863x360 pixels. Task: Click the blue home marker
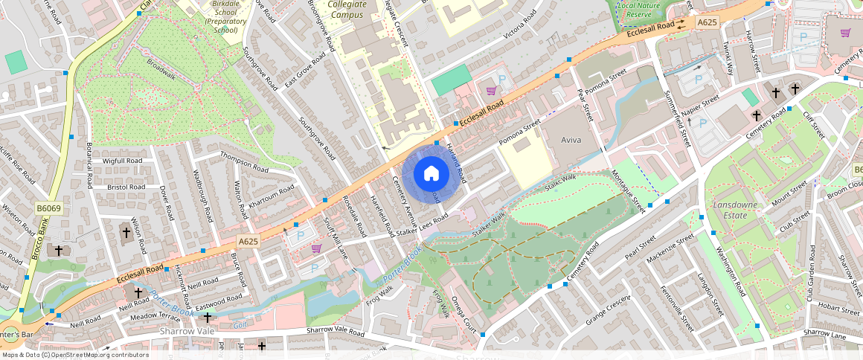point(431,174)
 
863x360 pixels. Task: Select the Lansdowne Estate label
point(734,209)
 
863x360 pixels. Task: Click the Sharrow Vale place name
point(187,330)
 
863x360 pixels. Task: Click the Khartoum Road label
point(272,193)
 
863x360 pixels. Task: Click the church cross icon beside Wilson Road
point(126,232)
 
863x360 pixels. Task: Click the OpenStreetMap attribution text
point(74,355)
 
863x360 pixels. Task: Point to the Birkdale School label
point(224,13)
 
